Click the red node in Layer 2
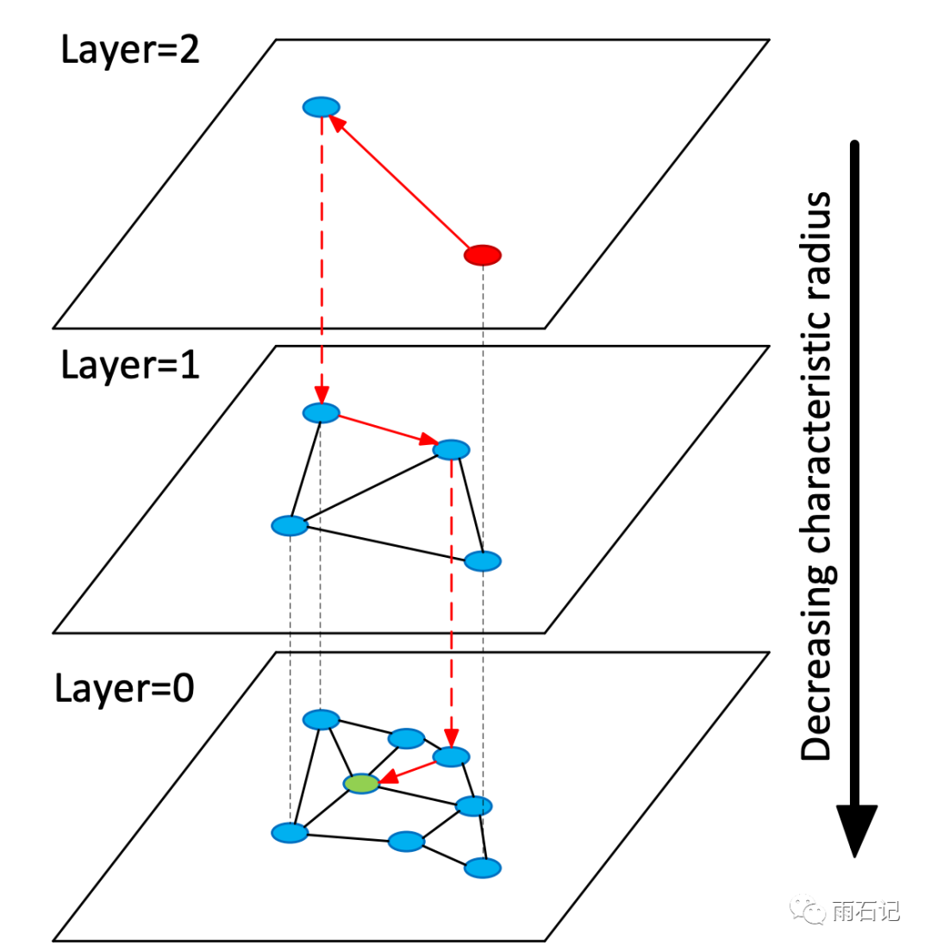(x=483, y=255)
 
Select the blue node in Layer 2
(x=322, y=107)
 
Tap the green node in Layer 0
(x=361, y=784)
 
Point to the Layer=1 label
(x=130, y=366)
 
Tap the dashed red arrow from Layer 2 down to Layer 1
(x=322, y=259)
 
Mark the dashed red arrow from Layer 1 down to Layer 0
(x=451, y=604)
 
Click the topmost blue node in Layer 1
(x=322, y=413)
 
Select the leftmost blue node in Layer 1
(x=290, y=525)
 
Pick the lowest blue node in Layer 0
(x=483, y=867)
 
